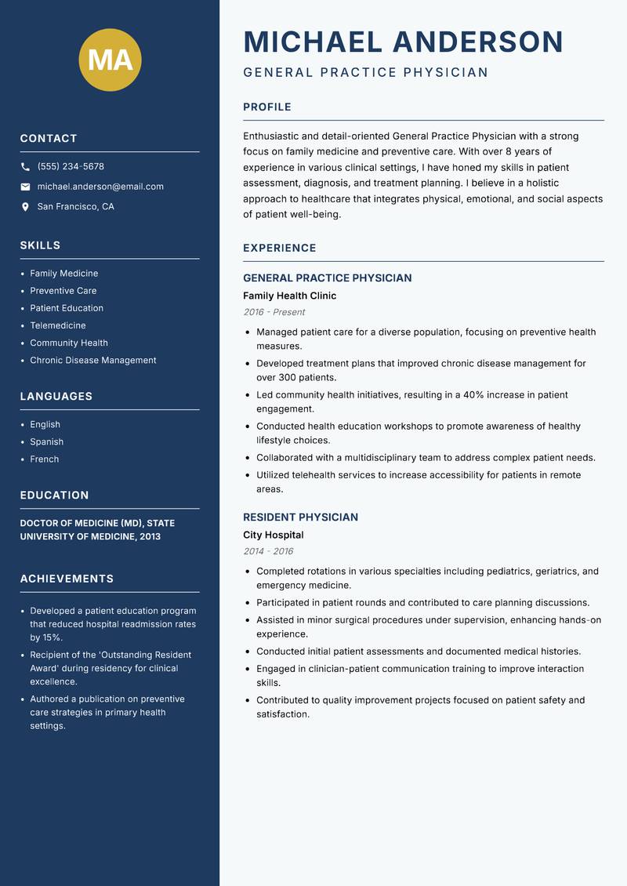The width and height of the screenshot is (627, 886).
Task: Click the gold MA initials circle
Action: tap(110, 60)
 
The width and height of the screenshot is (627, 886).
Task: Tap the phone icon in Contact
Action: tap(25, 167)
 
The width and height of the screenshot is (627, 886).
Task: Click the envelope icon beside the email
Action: tap(25, 187)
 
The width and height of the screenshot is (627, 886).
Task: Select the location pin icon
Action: tap(25, 207)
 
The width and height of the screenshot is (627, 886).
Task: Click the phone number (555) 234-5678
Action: tap(71, 167)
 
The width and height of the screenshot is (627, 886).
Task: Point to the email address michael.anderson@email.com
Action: tap(100, 187)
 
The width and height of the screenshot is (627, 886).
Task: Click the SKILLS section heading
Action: tap(40, 245)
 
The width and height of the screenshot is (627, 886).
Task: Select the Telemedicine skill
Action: tap(58, 325)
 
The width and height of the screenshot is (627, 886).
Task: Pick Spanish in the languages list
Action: tap(47, 442)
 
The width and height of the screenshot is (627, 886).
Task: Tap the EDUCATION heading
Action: tap(54, 496)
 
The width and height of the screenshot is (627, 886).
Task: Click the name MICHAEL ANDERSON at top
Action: tap(403, 42)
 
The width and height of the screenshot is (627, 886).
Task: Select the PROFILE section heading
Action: tap(266, 107)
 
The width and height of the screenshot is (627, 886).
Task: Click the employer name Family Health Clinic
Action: tap(289, 296)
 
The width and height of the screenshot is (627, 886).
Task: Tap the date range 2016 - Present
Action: tap(274, 312)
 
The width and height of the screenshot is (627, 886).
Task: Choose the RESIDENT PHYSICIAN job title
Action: tap(300, 517)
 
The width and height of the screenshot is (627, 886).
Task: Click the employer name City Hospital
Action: tap(273, 536)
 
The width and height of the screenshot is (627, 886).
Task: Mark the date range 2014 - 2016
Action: tap(268, 551)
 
